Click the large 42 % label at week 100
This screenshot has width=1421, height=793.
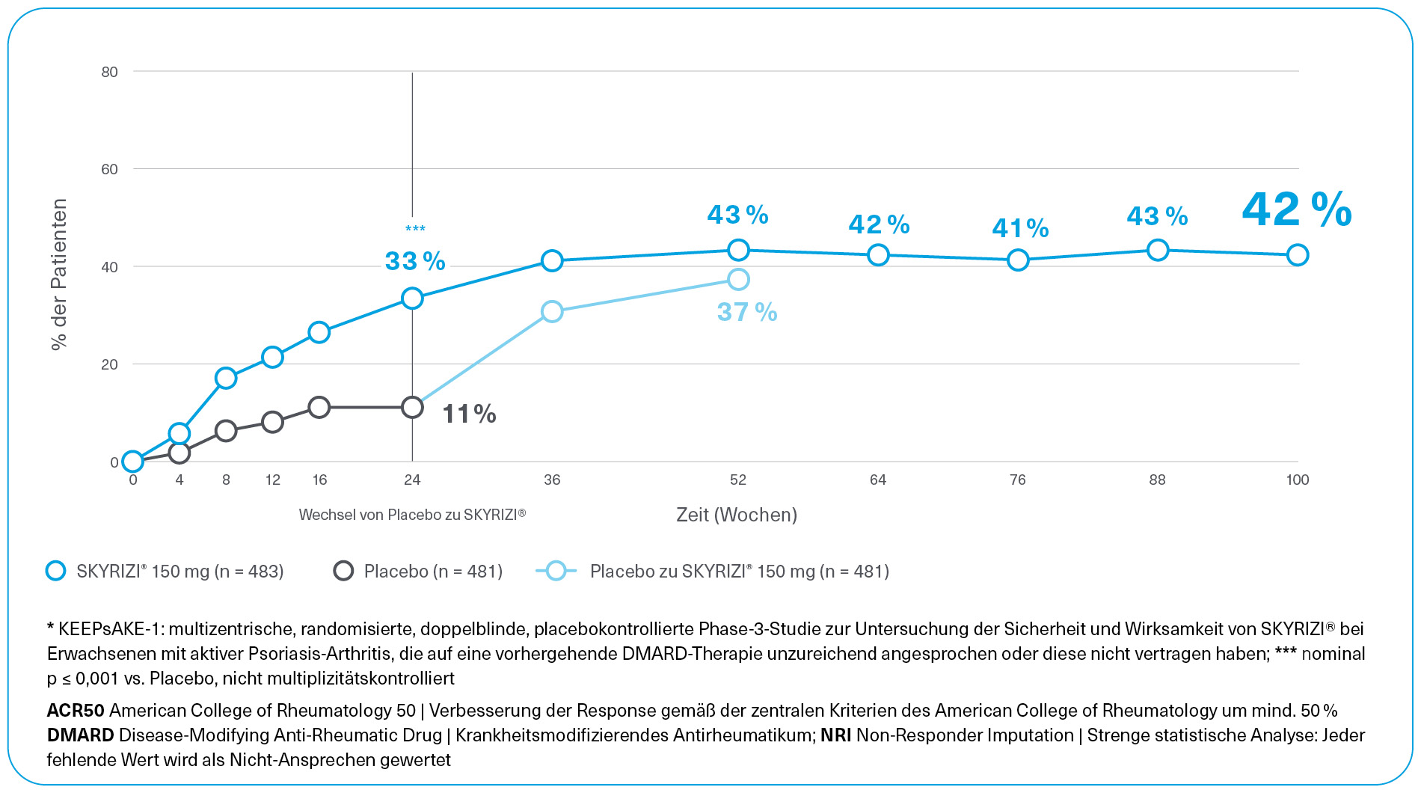[x=1297, y=210]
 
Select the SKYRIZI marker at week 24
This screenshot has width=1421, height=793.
[x=412, y=298]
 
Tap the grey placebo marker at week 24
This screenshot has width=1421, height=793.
[x=412, y=408]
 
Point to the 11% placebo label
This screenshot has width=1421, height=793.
[x=469, y=414]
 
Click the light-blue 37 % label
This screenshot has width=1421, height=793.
[x=747, y=312]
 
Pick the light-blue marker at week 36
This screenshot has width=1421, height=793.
[x=552, y=311]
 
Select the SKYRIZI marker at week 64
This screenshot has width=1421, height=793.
[x=878, y=255]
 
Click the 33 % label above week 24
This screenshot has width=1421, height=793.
[x=415, y=261]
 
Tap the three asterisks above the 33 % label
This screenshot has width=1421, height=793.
[x=415, y=229]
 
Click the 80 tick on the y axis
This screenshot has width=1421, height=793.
[x=110, y=72]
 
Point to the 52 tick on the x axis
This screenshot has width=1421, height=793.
[x=738, y=480]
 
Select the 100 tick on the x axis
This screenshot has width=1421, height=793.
[x=1297, y=480]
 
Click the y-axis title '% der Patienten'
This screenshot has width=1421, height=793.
[x=59, y=274]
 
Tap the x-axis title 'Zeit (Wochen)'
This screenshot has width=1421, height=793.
[x=737, y=515]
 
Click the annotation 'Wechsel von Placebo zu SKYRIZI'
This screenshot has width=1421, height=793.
[x=412, y=515]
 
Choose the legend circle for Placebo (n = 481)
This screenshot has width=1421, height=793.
[x=343, y=571]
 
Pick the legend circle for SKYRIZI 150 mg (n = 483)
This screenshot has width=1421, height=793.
[x=56, y=571]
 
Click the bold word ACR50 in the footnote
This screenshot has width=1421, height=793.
[x=76, y=710]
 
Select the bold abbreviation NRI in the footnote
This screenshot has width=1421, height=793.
[x=835, y=735]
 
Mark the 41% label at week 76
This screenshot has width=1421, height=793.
[x=1020, y=228]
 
